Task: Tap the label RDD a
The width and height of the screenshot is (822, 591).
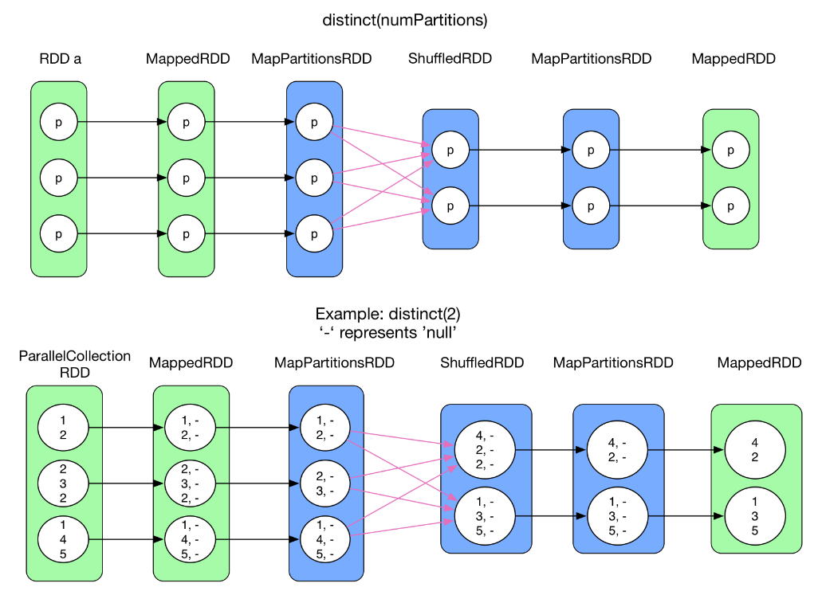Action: (x=61, y=59)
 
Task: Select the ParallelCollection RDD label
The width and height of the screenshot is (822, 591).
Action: (x=75, y=364)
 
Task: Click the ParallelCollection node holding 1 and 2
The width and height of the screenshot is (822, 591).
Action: (x=63, y=428)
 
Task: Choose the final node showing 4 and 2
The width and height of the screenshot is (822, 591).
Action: (x=755, y=449)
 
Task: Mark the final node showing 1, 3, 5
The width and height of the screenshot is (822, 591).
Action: (x=755, y=516)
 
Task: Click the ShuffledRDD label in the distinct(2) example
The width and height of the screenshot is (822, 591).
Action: (x=482, y=363)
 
